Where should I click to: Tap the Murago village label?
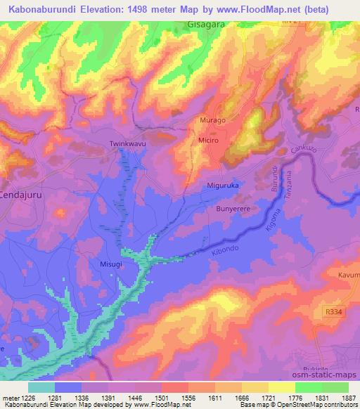(x=213, y=121)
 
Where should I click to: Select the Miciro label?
(x=212, y=141)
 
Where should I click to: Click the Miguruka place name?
(x=225, y=186)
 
